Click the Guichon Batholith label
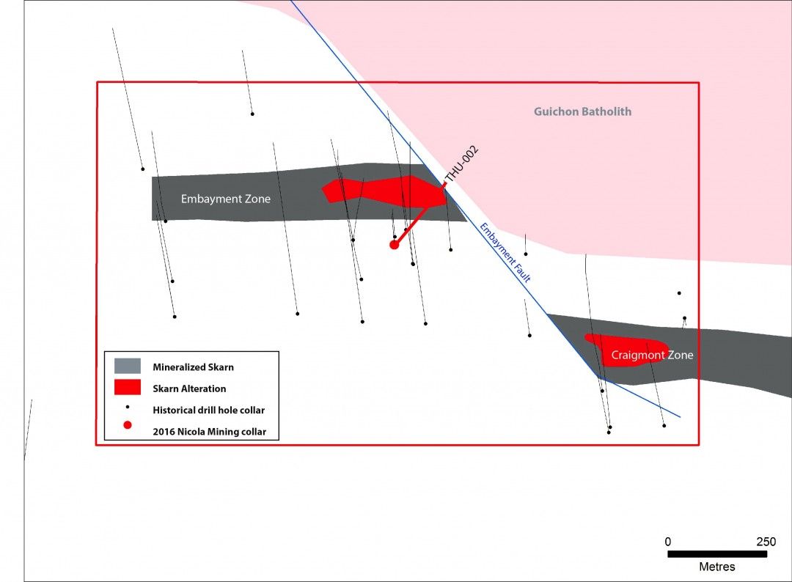(x=582, y=111)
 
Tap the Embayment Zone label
(x=226, y=199)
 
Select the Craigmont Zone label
(x=652, y=355)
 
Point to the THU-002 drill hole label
(x=461, y=163)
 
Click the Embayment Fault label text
(x=505, y=252)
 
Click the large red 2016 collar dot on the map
(x=394, y=245)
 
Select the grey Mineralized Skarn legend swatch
(x=128, y=366)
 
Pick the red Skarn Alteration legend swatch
(x=128, y=387)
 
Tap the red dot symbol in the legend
(x=128, y=425)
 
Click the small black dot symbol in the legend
(x=128, y=407)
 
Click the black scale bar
(x=717, y=553)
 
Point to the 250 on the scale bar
(x=766, y=542)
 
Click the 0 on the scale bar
(x=668, y=542)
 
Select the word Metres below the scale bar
(x=717, y=567)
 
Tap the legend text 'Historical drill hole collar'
(x=208, y=410)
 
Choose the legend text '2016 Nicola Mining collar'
(x=209, y=432)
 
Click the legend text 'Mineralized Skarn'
(x=193, y=367)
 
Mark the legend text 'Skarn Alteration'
(x=189, y=388)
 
